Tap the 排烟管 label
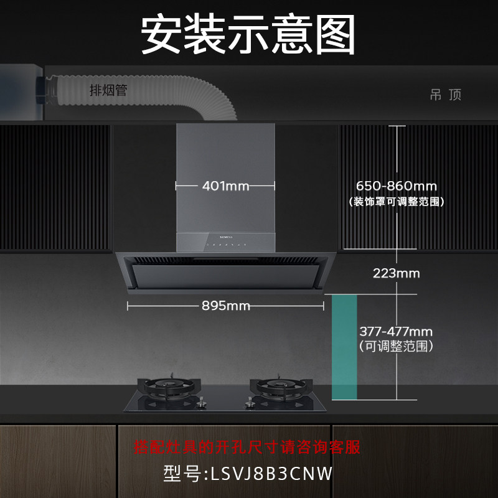108,91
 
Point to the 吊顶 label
446,95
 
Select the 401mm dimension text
225,186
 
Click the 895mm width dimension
225,306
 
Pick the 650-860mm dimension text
397,186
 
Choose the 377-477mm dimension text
396,332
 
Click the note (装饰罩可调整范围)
397,202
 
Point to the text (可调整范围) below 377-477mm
397,345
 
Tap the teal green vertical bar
344,346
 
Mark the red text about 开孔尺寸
248,447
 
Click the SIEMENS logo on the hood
225,237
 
